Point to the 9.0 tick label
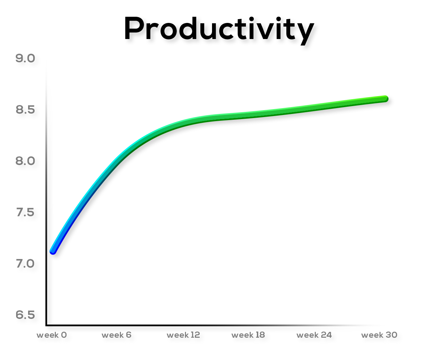point(25,59)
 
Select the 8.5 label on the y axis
point(25,110)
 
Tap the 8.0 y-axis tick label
point(25,161)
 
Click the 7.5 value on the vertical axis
point(25,212)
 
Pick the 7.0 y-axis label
point(25,264)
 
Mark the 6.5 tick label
point(25,315)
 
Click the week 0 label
point(52,335)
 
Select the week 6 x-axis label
point(117,335)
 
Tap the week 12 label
point(183,335)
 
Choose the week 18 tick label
point(248,335)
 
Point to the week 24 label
point(314,335)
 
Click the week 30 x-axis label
point(380,335)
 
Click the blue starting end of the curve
point(53,251)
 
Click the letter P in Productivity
point(134,28)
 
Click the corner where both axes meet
point(47,325)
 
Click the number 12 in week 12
point(195,335)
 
